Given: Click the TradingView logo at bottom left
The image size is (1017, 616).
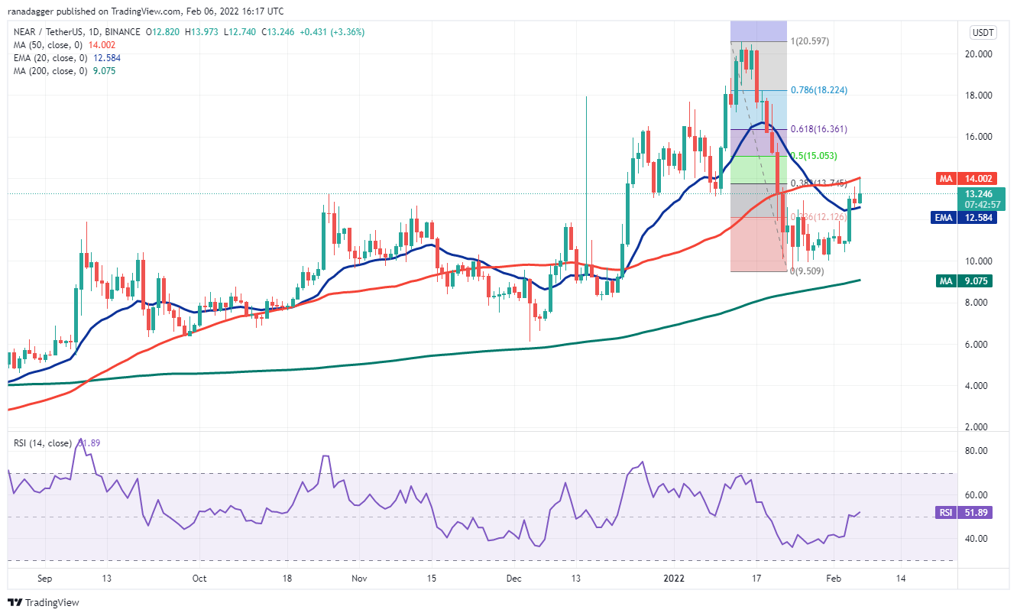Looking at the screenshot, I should pos(44,602).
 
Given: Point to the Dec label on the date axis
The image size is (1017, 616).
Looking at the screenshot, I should pos(513,579).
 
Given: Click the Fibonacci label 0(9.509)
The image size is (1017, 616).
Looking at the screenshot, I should pos(806,271).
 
